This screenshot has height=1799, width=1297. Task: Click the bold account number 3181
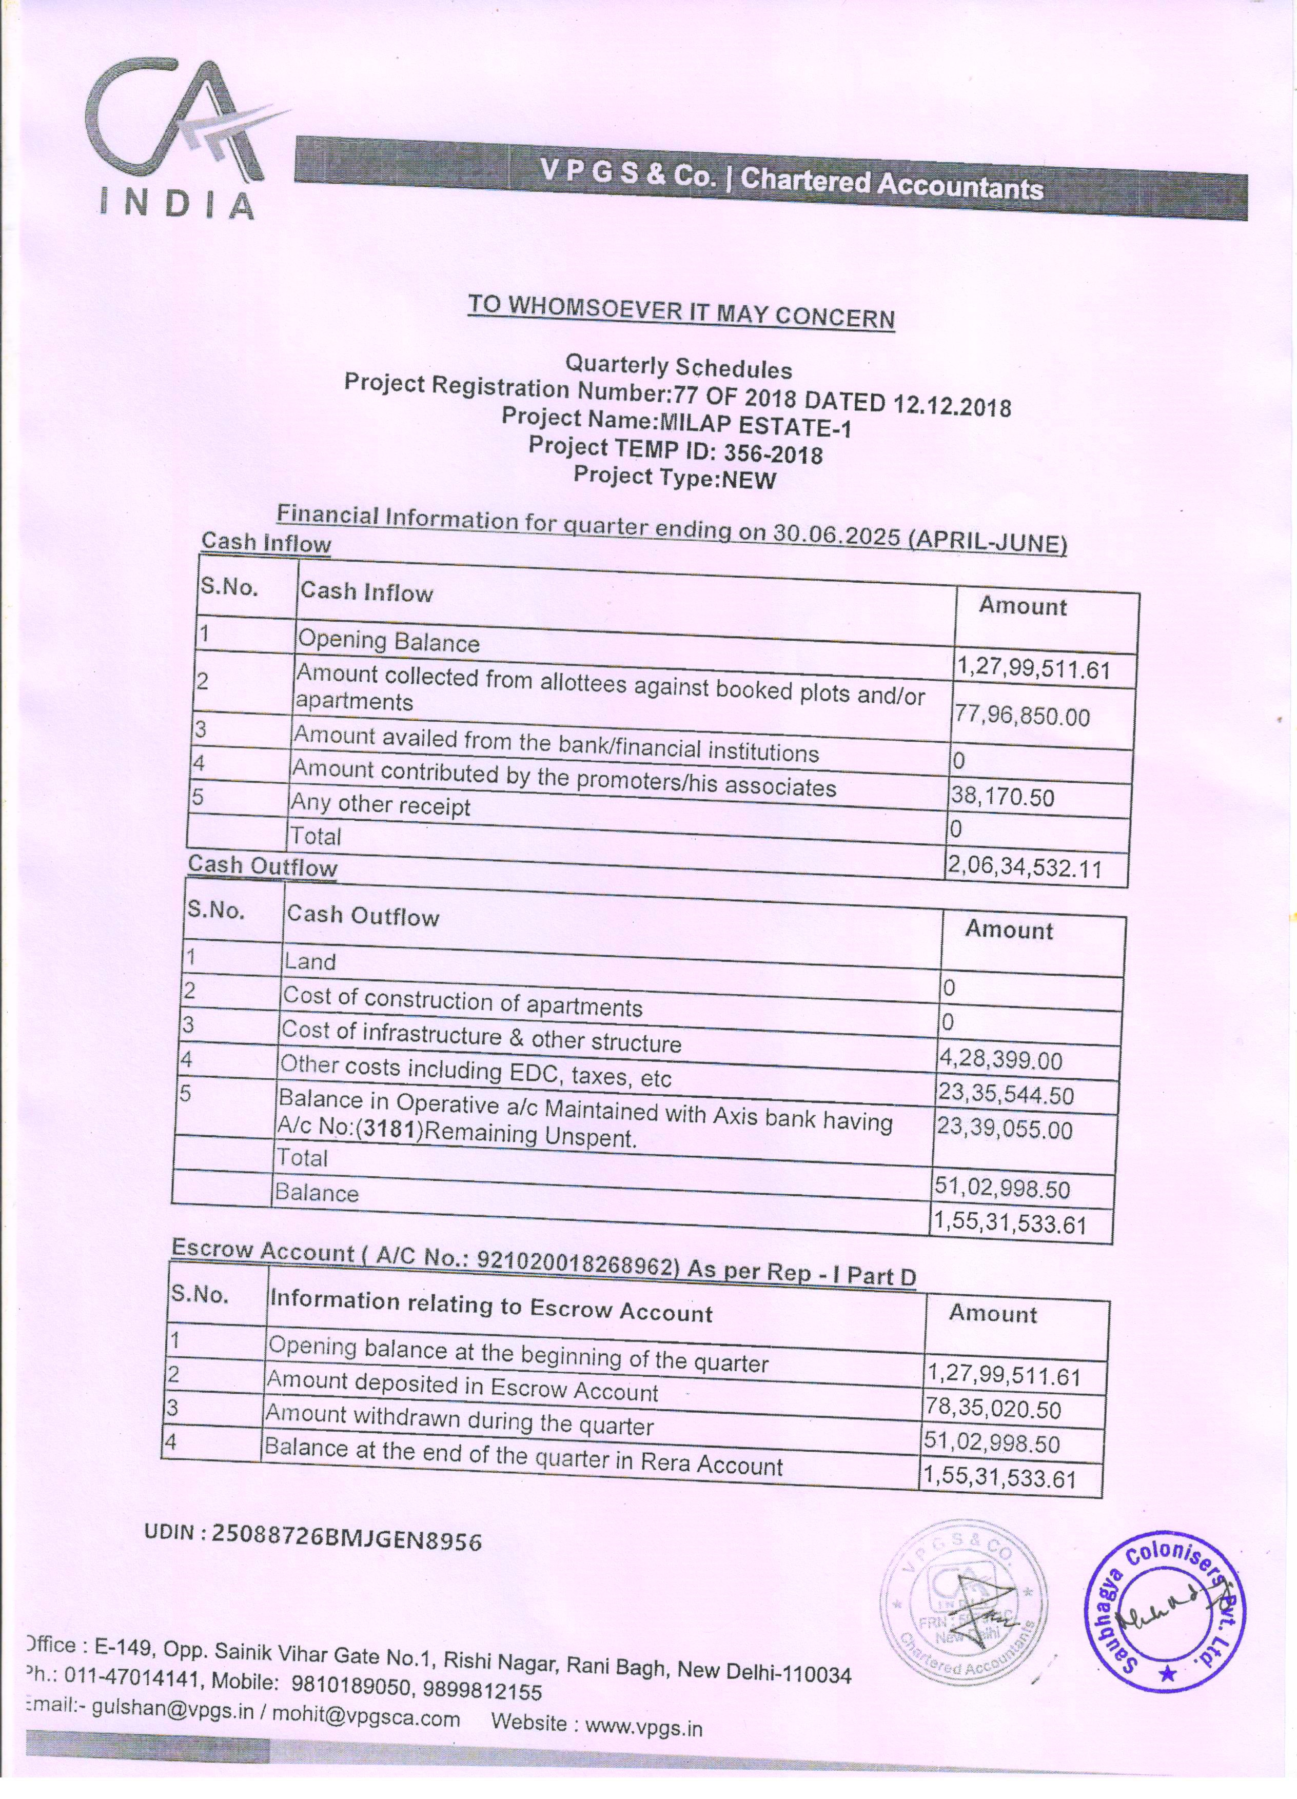click(389, 1130)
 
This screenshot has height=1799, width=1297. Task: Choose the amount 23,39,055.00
click(1004, 1128)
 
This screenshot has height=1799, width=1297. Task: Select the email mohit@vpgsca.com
click(366, 1718)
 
